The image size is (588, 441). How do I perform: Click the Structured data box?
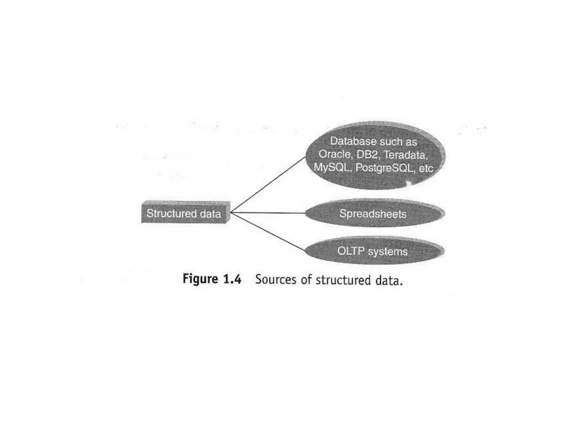[185, 213]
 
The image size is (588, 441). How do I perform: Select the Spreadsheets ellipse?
[373, 214]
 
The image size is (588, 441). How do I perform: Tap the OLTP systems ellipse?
[373, 251]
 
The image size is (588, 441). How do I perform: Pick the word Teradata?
[405, 155]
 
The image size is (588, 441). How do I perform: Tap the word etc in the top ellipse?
[425, 169]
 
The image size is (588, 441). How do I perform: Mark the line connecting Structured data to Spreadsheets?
[267, 213]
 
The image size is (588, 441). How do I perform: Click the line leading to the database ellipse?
[267, 185]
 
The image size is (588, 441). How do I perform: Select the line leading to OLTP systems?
[267, 231]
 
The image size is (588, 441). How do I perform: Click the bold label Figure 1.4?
[212, 279]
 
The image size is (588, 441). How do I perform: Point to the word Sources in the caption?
[276, 279]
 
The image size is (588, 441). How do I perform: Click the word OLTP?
[351, 251]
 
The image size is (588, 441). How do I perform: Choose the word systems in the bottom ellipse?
[388, 252]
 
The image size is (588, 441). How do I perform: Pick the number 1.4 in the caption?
[232, 279]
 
